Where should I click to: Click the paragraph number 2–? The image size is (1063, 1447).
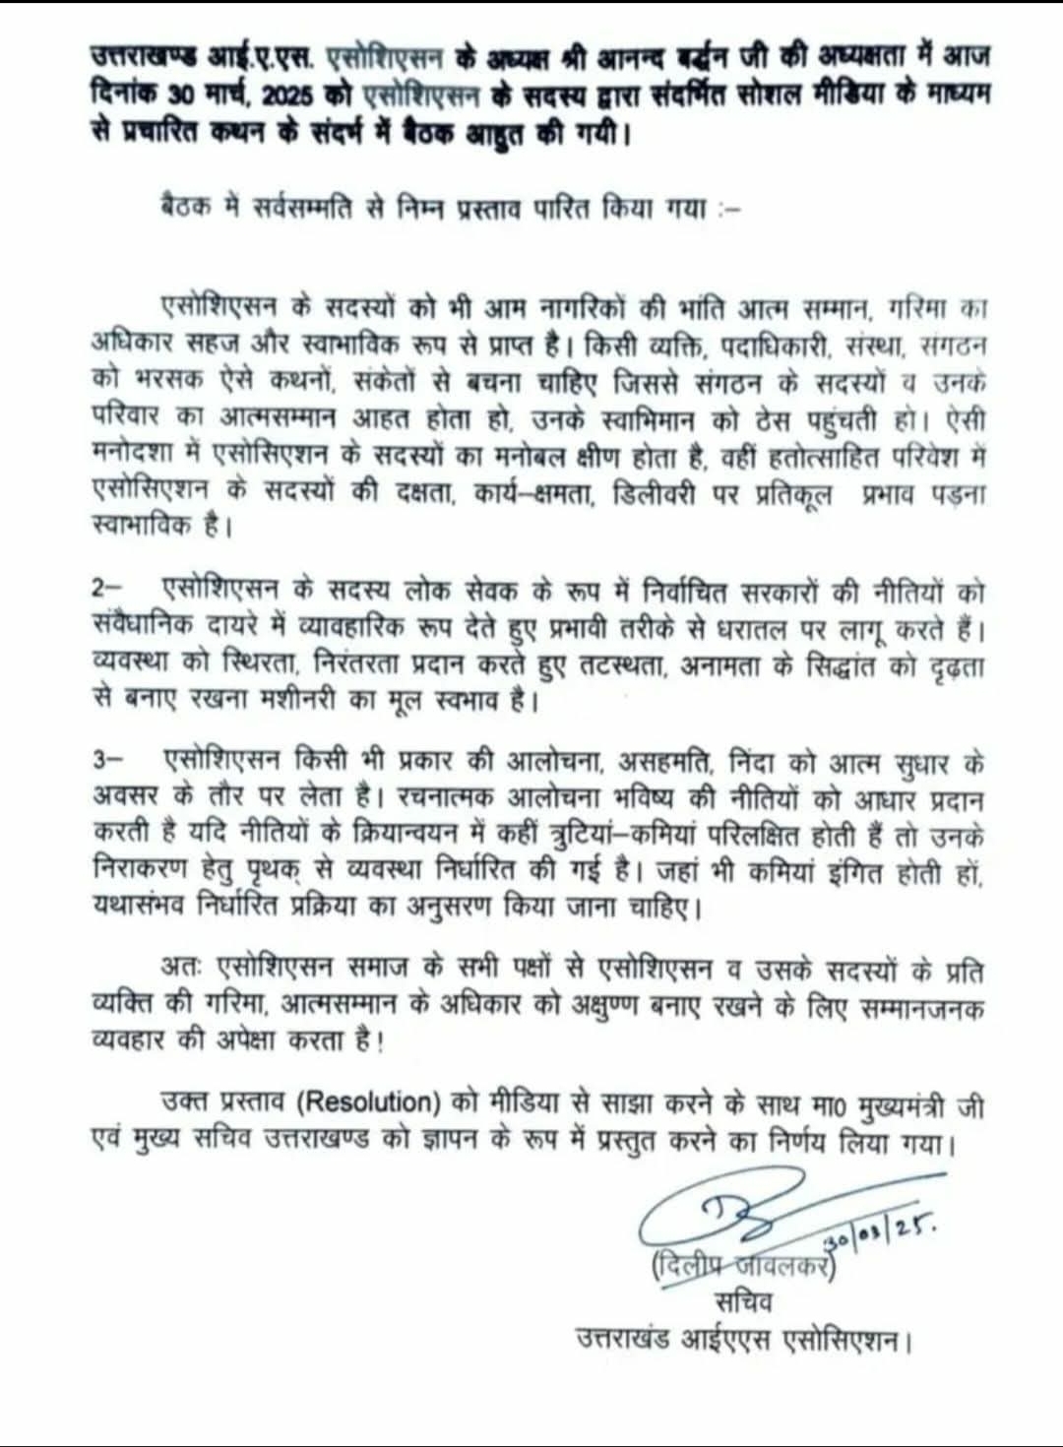(106, 588)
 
